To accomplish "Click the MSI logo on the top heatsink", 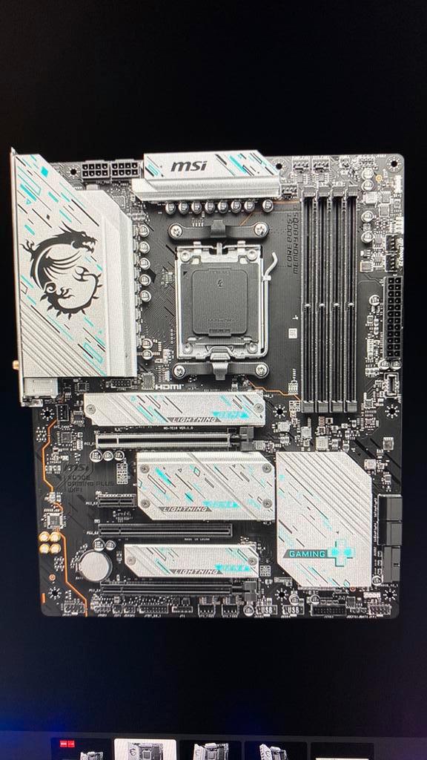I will [x=189, y=165].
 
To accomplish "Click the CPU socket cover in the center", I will [x=219, y=302].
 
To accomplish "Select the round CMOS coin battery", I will [x=95, y=565].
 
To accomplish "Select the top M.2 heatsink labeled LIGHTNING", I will [x=175, y=409].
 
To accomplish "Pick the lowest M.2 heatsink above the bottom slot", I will [x=191, y=560].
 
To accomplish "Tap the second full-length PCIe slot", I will [x=166, y=531].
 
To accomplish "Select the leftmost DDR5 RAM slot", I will [x=308, y=297].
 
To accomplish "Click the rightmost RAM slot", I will [x=350, y=297].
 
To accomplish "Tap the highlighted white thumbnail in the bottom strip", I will [x=145, y=750].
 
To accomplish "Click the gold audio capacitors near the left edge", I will [x=50, y=543].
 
